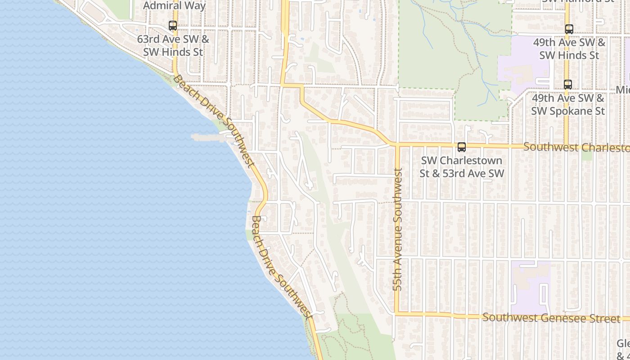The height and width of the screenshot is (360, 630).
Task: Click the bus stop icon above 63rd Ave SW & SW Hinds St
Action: [173, 26]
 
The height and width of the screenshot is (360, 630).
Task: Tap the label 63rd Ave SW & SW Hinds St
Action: [173, 45]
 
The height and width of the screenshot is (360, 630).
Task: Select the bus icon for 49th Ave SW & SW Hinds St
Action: [569, 29]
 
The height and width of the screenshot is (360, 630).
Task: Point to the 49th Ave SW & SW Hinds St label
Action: [569, 49]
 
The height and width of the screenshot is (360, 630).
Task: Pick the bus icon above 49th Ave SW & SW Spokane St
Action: [568, 84]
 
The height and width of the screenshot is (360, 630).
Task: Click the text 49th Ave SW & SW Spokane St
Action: [568, 104]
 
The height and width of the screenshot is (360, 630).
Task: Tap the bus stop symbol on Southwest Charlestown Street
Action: [461, 147]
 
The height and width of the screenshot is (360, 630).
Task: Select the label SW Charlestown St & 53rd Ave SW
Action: [462, 167]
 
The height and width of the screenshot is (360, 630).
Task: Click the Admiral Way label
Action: [175, 6]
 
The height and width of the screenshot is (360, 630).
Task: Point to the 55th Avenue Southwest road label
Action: [397, 229]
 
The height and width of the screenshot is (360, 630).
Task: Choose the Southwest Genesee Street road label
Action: [551, 318]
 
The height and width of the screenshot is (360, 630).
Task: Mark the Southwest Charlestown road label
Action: [576, 148]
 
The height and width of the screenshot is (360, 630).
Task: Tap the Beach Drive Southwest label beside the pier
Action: [214, 121]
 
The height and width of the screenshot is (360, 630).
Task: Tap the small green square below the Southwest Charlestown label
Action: [586, 156]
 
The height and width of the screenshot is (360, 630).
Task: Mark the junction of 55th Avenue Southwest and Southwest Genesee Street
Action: [397, 314]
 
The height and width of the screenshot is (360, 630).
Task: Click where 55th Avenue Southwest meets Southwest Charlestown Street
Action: [397, 145]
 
